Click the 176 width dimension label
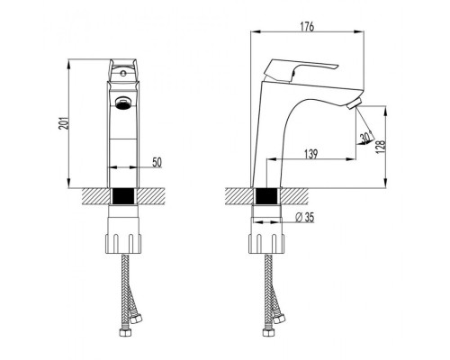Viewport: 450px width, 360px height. (307, 26)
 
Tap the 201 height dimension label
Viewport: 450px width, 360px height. (63, 122)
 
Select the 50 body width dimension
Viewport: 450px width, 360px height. (157, 162)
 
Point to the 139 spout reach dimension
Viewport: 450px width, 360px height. (311, 154)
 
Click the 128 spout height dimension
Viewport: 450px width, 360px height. (381, 147)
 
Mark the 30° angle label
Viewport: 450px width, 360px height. (366, 138)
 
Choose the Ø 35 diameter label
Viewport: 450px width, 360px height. (305, 217)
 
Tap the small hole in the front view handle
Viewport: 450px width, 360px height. (122, 73)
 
